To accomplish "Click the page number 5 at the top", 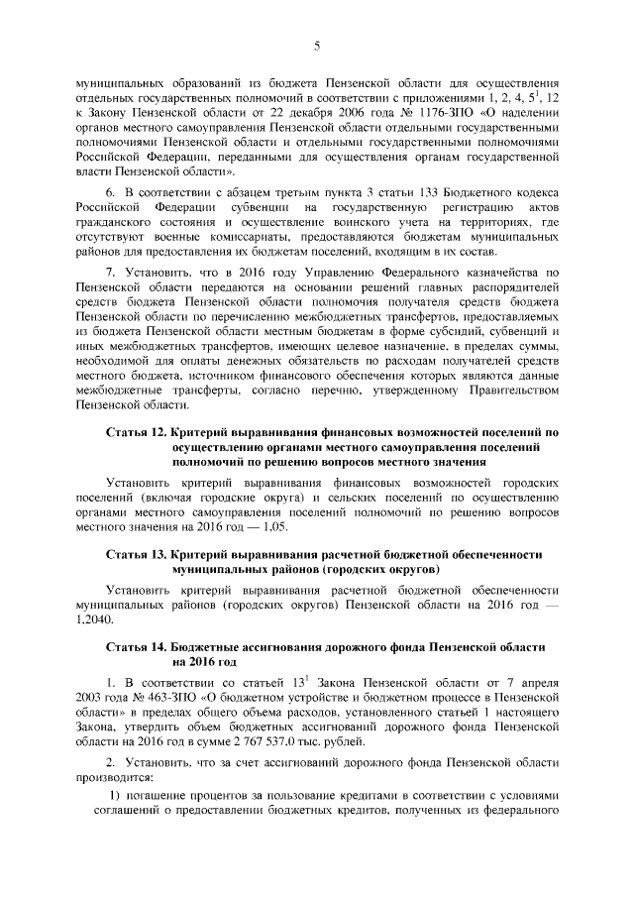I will (x=316, y=45).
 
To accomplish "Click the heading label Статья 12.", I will (x=136, y=433).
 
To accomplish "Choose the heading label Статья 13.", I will (x=136, y=557).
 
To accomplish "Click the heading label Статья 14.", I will (x=136, y=646).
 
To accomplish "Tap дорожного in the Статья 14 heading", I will (x=357, y=646).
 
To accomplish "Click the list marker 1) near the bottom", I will (x=113, y=797).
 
